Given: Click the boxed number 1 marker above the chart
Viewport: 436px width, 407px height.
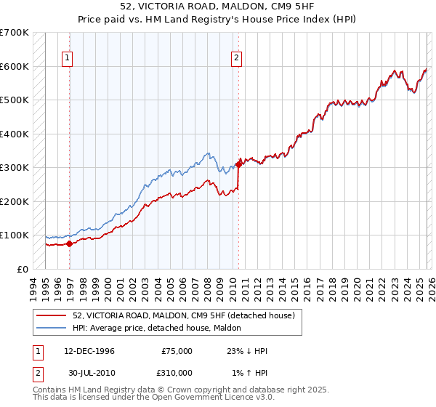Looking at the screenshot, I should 67,60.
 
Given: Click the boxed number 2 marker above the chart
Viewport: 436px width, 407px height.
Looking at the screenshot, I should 237,60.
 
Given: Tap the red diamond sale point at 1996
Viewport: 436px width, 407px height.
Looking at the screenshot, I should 69,243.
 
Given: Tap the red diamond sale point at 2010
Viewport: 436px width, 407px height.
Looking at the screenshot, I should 238,165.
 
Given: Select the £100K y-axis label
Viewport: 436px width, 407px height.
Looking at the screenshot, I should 15,235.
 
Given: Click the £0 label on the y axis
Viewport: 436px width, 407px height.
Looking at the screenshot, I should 23,269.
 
